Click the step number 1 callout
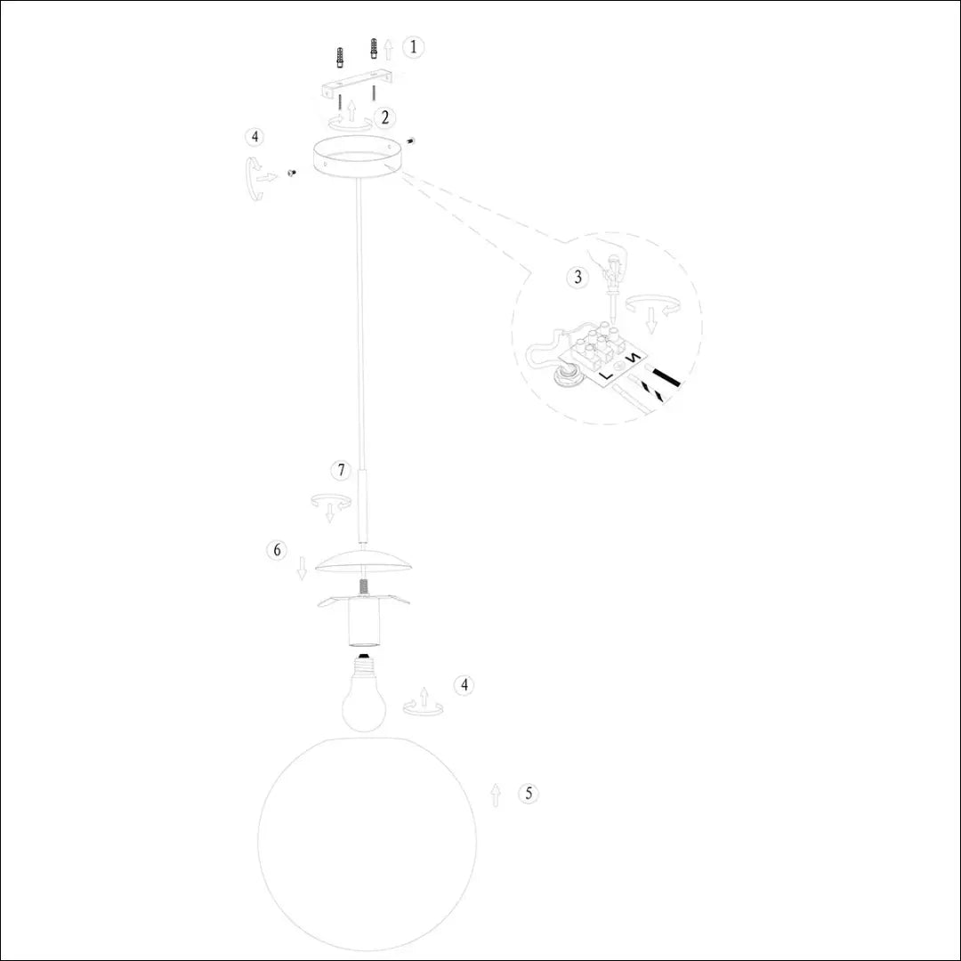pos(412,47)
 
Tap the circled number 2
pos(384,116)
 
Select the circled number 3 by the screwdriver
pos(578,277)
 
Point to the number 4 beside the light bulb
pos(462,685)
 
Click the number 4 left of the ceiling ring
pos(255,137)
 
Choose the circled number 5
pos(529,793)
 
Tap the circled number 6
pos(278,551)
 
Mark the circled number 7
pos(340,469)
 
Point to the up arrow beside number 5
pos(496,795)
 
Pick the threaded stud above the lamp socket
pos(363,588)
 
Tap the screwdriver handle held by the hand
pos(611,264)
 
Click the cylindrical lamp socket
pos(363,623)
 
